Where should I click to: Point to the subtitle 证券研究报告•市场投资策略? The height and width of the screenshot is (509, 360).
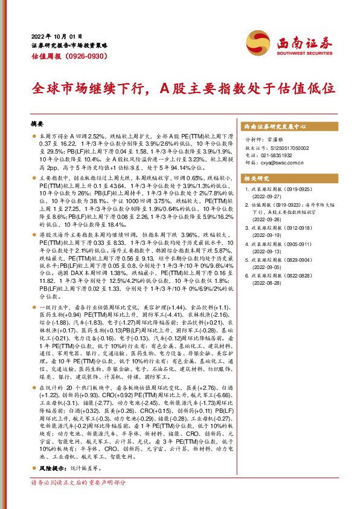pos(69,45)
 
